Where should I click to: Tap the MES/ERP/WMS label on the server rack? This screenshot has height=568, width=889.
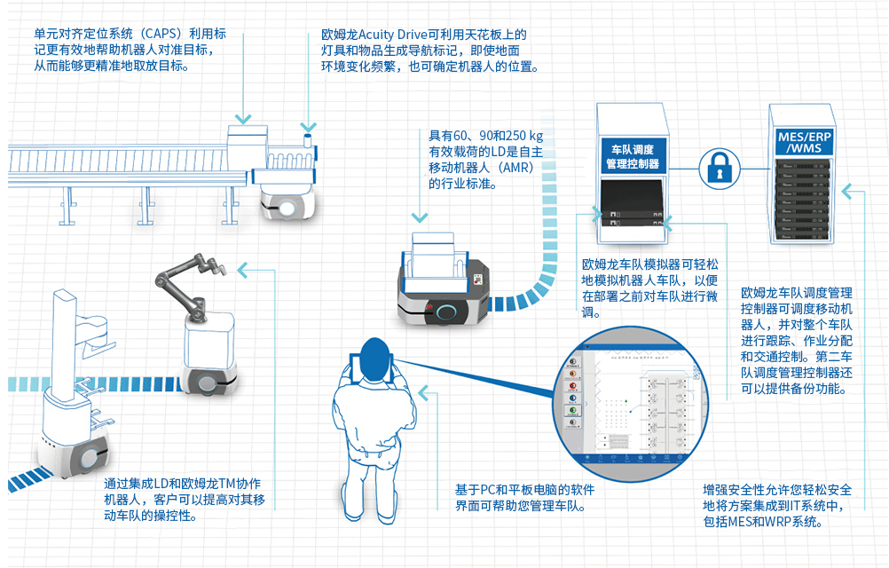(804, 142)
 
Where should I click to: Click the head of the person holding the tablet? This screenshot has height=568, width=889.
(374, 349)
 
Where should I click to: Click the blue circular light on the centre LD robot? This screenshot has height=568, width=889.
(449, 311)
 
